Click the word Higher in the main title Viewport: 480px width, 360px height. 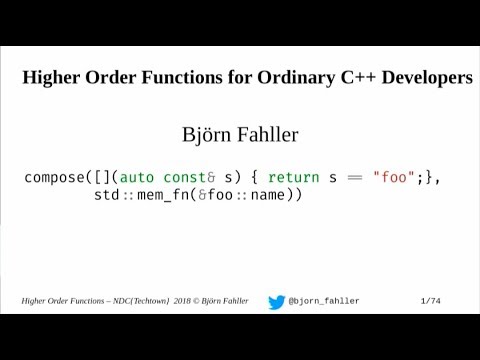point(52,78)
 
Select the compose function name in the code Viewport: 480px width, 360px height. point(53,177)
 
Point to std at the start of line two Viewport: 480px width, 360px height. point(106,195)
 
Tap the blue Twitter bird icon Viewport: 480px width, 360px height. point(276,302)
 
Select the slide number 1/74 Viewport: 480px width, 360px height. point(430,302)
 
